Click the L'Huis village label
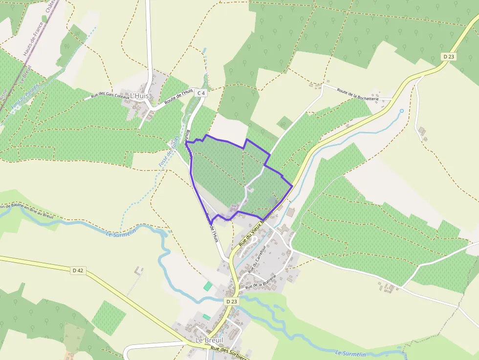[x=139, y=96]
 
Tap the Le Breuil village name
[x=209, y=339]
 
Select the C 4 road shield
[x=202, y=92]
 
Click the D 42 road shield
[x=78, y=270]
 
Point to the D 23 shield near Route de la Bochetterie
[x=449, y=57]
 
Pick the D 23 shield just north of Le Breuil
[x=232, y=301]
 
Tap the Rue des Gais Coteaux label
[x=110, y=96]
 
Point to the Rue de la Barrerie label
[x=261, y=282]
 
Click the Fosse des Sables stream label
[x=167, y=152]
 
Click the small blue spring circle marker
[x=402, y=111]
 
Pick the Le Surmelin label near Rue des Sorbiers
[x=350, y=353]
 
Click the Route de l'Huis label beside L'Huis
[x=179, y=95]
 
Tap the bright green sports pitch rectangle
[x=208, y=286]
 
